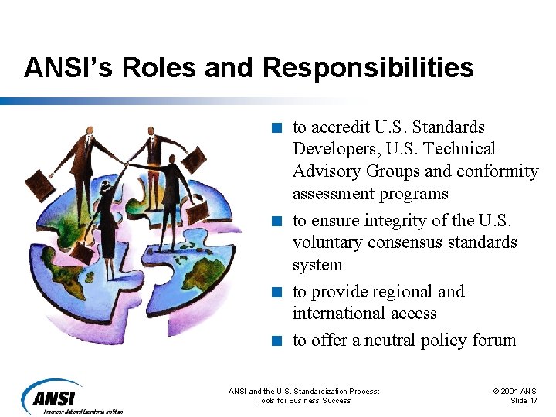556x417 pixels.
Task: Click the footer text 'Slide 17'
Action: point(524,401)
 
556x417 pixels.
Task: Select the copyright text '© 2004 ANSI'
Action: point(515,392)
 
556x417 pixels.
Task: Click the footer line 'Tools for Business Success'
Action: point(303,401)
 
